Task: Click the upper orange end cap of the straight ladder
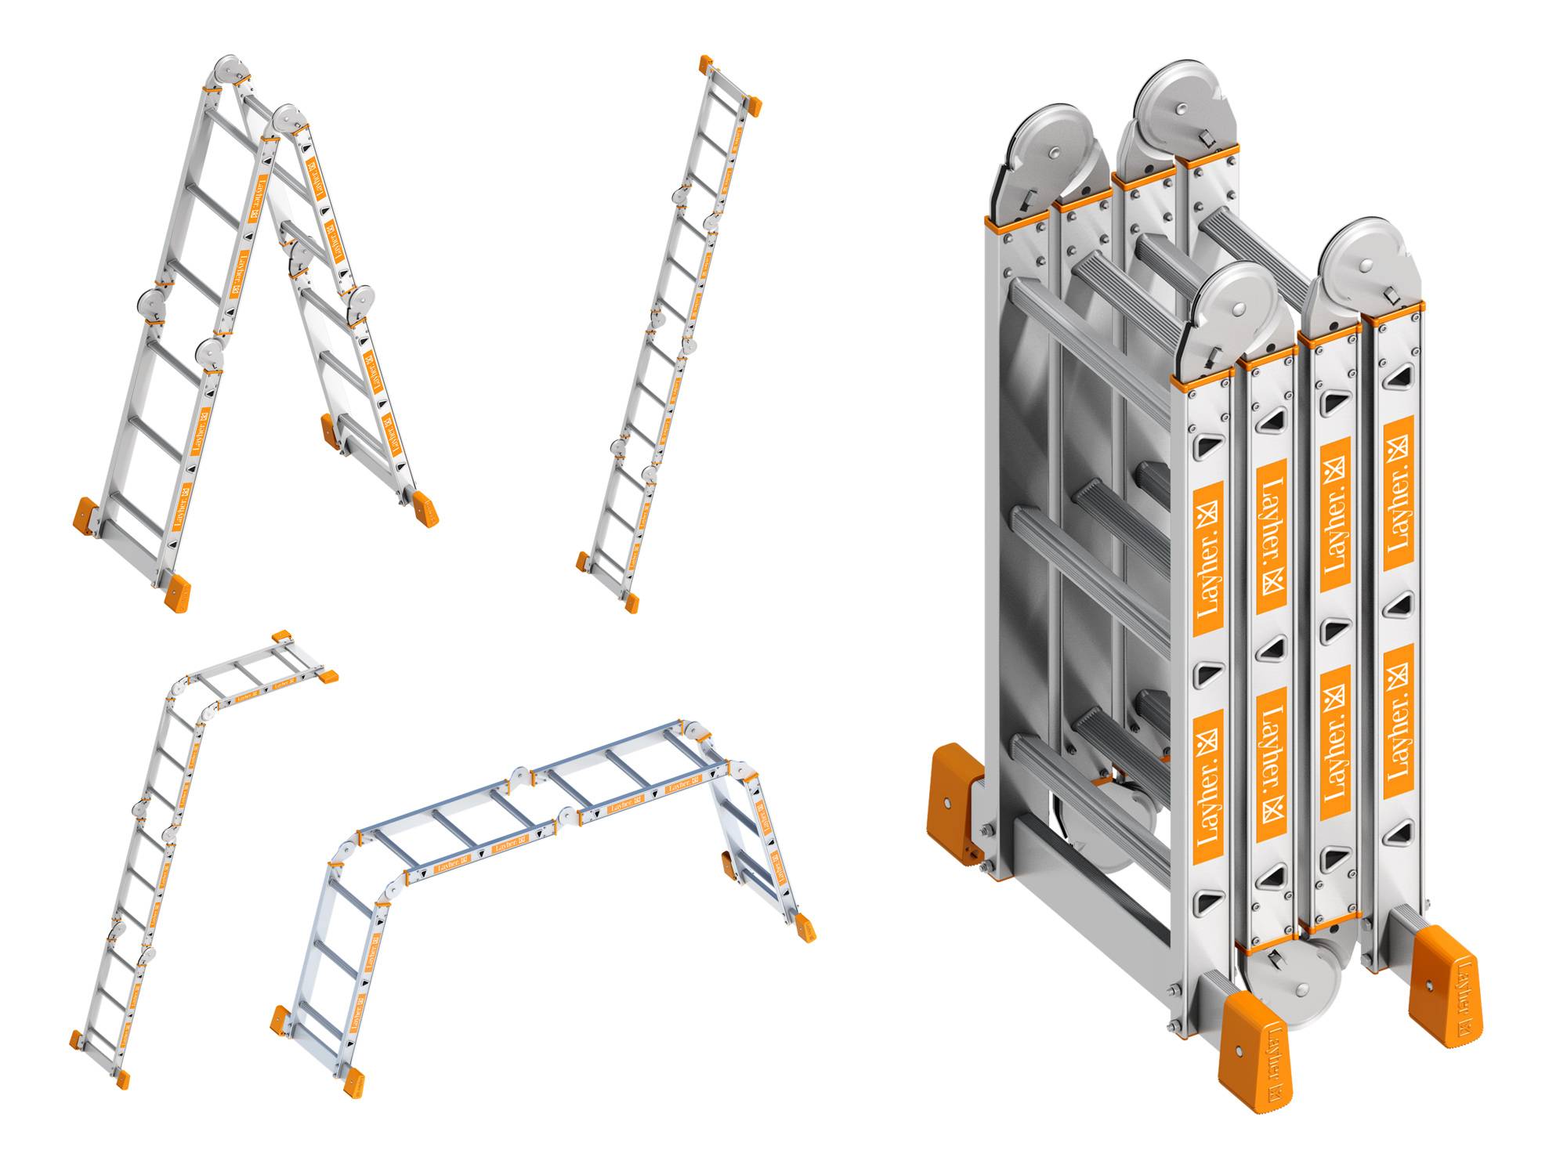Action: point(754,106)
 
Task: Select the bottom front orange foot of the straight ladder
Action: point(632,602)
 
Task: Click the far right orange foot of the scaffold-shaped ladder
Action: point(805,927)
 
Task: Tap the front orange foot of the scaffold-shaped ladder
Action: point(354,1082)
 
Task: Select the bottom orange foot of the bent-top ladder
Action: point(122,1079)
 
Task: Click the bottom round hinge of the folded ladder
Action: point(1293,983)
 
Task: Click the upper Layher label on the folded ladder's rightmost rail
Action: point(1398,493)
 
